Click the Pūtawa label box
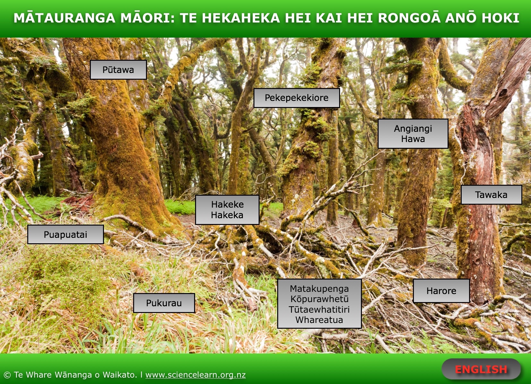tap(118, 70)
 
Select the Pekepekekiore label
tap(296, 98)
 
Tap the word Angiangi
tap(413, 129)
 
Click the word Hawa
tap(413, 139)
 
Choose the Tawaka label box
tap(492, 195)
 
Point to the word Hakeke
tap(227, 204)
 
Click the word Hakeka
tap(227, 215)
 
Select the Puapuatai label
tap(65, 234)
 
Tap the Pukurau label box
tap(164, 303)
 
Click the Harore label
tap(441, 291)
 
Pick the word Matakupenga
tap(319, 289)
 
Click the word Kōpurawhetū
tap(320, 299)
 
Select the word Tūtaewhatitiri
tap(319, 309)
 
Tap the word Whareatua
tap(319, 320)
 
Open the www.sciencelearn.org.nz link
tap(196, 375)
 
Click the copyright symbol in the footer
tap(7, 375)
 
